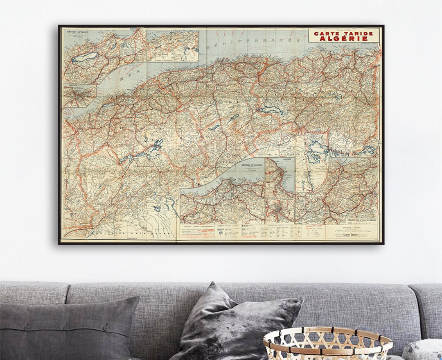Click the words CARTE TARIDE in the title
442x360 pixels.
(x=343, y=33)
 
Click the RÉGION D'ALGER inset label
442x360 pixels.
(x=251, y=165)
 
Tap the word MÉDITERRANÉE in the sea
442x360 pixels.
(x=254, y=44)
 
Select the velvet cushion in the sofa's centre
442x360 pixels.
(x=237, y=324)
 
